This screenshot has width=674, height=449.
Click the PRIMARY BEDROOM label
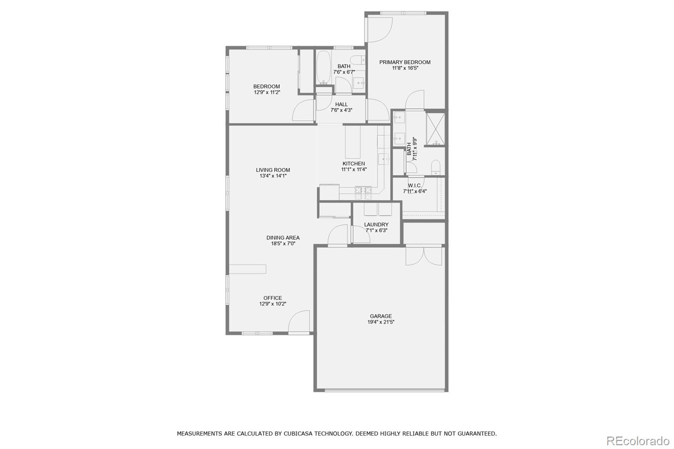coord(404,62)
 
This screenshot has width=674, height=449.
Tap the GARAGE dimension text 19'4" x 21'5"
coord(381,322)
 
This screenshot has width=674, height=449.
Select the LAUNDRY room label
coord(376,224)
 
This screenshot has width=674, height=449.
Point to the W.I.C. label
coord(415,185)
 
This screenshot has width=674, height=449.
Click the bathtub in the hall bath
coord(324,67)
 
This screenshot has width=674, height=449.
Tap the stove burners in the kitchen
coord(364,193)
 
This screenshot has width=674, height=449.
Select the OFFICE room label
coord(273,298)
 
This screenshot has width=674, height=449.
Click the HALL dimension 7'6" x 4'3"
coord(341,110)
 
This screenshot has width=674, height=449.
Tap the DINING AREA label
coord(283,238)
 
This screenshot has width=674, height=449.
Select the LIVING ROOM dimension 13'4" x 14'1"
coord(273,176)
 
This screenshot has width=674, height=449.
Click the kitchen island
coord(353,142)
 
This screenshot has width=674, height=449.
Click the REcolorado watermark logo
coord(637,441)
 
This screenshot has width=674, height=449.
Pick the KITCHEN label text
coord(353,163)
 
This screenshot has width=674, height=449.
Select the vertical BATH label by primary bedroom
coord(409,149)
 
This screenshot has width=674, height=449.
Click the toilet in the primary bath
coord(436,167)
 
